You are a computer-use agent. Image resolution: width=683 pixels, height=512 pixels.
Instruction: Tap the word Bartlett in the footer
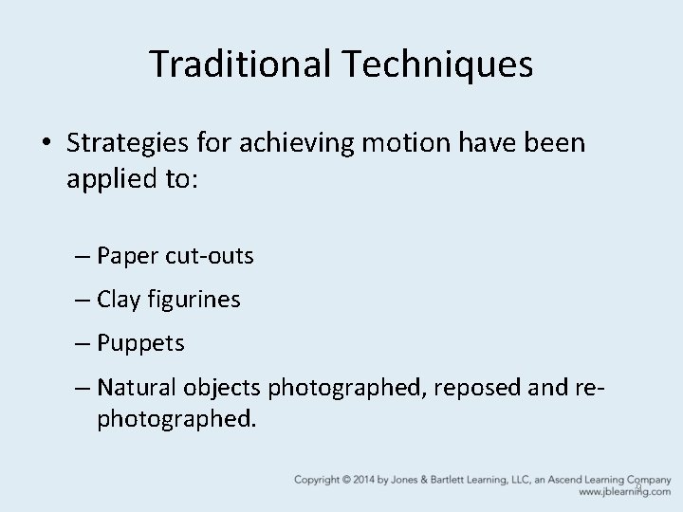point(480,480)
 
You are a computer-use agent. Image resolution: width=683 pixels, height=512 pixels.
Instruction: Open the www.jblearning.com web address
point(623,493)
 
